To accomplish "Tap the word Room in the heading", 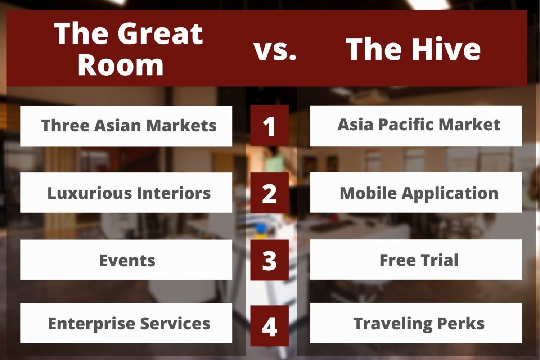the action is [121, 65].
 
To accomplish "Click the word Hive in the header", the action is [446, 49].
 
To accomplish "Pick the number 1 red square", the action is [270, 125].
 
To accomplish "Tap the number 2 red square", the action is [270, 193].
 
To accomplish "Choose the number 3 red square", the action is [270, 260].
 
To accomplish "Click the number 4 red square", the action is [270, 326].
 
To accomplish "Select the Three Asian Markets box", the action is [126, 126].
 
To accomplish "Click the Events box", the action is [126, 260].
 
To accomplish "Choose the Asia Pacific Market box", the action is [416, 126].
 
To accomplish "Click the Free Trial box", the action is [416, 260].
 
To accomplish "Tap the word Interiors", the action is [174, 193].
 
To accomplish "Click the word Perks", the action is [461, 323].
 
